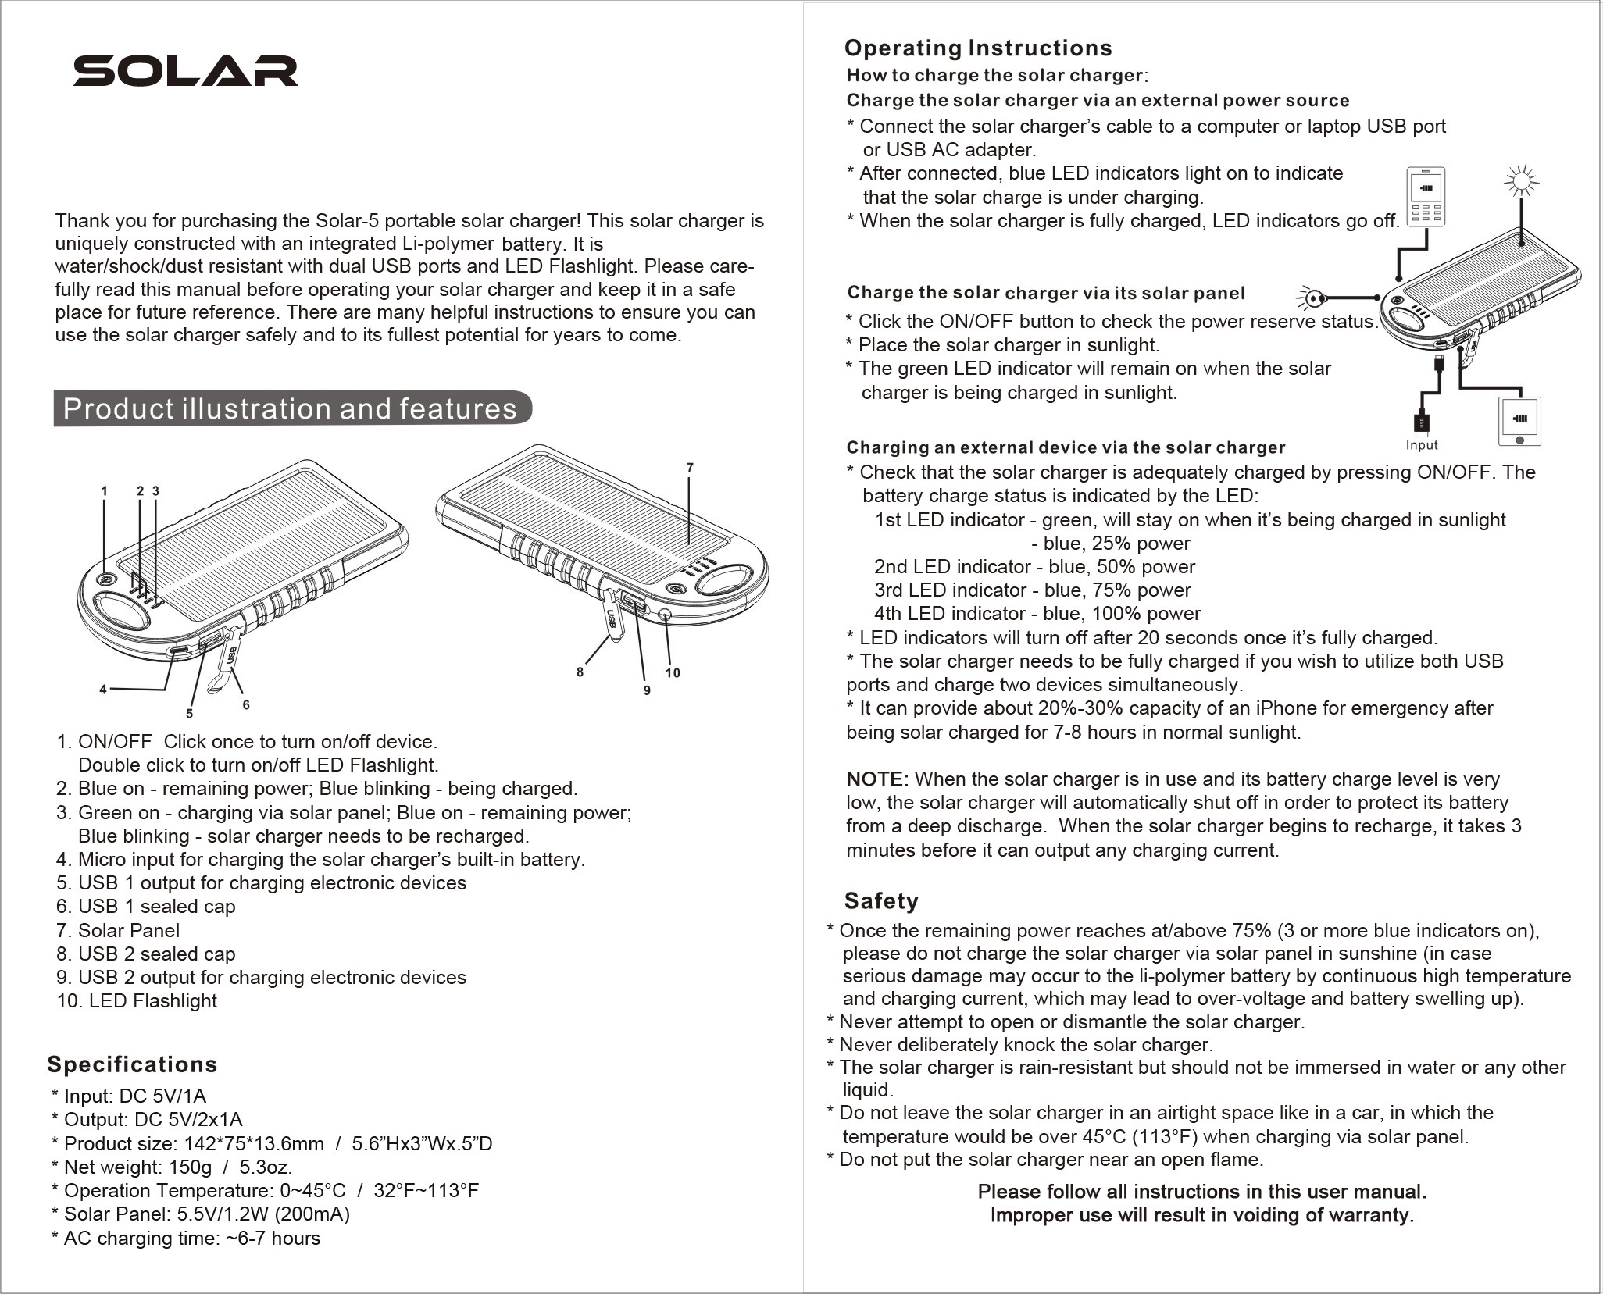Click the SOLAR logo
pyautogui.click(x=185, y=71)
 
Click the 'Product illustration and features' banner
pyautogui.click(x=291, y=408)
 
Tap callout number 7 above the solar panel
pyautogui.click(x=689, y=468)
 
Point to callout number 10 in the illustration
pyautogui.click(x=673, y=672)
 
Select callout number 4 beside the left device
pyautogui.click(x=103, y=689)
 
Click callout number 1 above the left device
pyautogui.click(x=104, y=491)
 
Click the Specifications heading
pyautogui.click(x=132, y=1064)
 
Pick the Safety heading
pyautogui.click(x=881, y=901)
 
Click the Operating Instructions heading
pyautogui.click(x=978, y=48)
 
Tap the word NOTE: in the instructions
pyautogui.click(x=876, y=779)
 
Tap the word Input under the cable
pyautogui.click(x=1421, y=445)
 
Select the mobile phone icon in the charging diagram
pyautogui.click(x=1426, y=196)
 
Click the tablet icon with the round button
pyautogui.click(x=1519, y=422)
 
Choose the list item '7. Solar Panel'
pyautogui.click(x=118, y=930)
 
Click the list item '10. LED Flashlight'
pyautogui.click(x=137, y=1001)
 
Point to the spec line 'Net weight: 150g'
pyautogui.click(x=172, y=1167)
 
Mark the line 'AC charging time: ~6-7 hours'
pyautogui.click(x=186, y=1238)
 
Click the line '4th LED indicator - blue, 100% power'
pyautogui.click(x=1037, y=614)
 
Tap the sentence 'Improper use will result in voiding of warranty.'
pyautogui.click(x=1201, y=1215)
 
